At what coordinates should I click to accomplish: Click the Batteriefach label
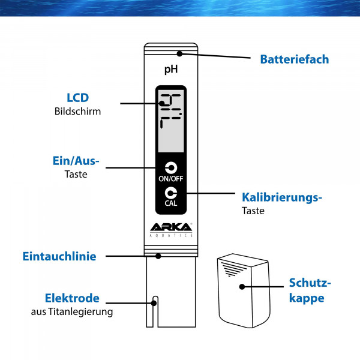tap(294, 59)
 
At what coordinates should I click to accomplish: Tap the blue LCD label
tap(77, 97)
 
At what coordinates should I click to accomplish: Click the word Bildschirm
tap(77, 111)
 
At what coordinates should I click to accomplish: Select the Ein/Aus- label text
tap(76, 161)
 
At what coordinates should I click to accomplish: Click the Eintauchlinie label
tap(59, 256)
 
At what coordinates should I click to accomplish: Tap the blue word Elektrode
tap(72, 298)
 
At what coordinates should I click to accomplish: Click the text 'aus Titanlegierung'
tap(72, 311)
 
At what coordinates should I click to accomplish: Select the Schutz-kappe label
tap(310, 290)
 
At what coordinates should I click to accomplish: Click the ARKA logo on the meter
tap(171, 227)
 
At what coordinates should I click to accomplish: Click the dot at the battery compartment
tap(179, 53)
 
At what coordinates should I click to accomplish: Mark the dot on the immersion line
tap(158, 256)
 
